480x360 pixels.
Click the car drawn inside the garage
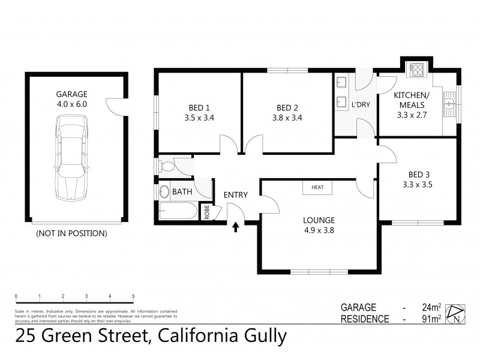coord(71,158)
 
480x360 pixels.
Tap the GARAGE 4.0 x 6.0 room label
coord(72,99)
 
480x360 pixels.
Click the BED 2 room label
coord(287,113)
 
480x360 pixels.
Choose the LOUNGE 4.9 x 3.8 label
coord(319,224)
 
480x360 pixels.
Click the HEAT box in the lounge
coord(317,187)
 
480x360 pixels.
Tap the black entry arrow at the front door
coord(236,227)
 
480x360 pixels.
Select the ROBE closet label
coord(207,213)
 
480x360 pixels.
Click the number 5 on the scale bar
coord(133,296)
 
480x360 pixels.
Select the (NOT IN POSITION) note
coord(71,233)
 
